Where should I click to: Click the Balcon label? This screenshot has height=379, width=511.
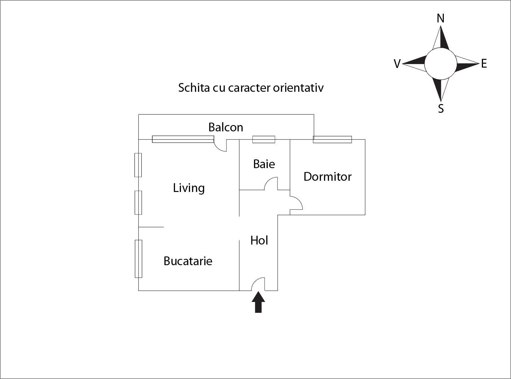coord(225,127)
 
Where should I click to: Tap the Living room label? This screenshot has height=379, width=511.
coord(189,188)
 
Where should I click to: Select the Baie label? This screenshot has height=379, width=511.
coord(264,164)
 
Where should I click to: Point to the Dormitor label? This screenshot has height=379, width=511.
coord(327,177)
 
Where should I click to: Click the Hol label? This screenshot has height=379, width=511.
coord(259,240)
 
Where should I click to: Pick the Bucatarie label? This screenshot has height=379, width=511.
coord(188,261)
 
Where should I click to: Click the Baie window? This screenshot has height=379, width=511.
coord(264,139)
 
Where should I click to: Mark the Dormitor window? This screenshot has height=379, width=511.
coord(332,139)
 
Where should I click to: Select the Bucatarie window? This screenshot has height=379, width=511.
coord(139,259)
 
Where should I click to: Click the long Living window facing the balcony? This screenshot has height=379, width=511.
coord(183,139)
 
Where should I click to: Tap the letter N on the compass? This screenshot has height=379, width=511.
coord(441,18)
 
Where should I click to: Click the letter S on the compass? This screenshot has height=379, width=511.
coord(441,109)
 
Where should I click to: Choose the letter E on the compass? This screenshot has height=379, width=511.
coord(484,64)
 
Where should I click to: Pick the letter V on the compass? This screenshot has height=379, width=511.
coord(397,64)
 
